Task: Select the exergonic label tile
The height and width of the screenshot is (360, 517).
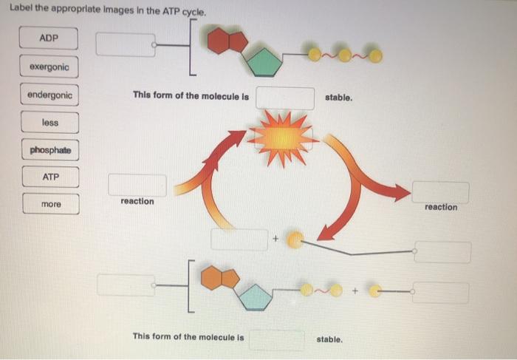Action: click(49, 67)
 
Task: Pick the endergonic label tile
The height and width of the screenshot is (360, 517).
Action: click(49, 95)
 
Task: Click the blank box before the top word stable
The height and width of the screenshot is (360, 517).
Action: click(285, 98)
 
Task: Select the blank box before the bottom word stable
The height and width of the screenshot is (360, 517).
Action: click(276, 339)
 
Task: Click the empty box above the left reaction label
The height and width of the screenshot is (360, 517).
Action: click(137, 185)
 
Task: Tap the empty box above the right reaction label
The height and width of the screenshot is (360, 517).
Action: click(440, 191)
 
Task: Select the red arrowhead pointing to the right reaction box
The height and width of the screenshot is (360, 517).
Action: click(399, 194)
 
